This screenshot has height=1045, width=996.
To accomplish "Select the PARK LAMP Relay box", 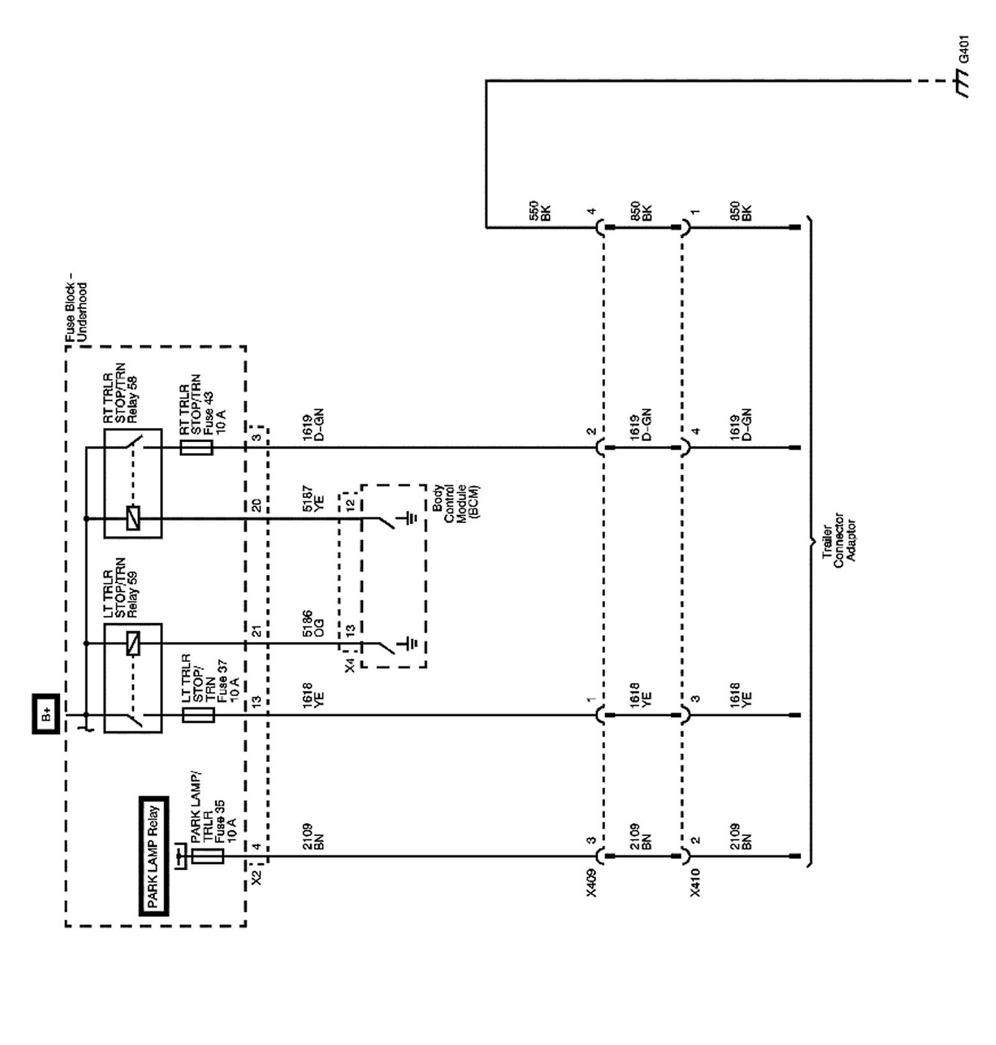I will click(x=153, y=856).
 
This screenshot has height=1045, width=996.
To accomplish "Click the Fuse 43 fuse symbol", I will click(x=196, y=447).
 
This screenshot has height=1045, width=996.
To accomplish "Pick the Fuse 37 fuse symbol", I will click(x=198, y=715).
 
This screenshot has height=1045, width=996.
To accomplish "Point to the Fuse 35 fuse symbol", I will click(x=207, y=857).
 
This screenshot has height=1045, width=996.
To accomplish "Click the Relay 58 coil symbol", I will click(x=133, y=518).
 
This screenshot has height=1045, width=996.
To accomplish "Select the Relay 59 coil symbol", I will click(x=133, y=643).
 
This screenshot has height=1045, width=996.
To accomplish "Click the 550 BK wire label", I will click(x=540, y=212).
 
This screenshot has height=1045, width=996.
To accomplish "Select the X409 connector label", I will click(x=591, y=884).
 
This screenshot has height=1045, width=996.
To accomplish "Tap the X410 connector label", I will click(x=695, y=884).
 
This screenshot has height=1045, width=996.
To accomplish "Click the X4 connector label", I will click(x=350, y=665).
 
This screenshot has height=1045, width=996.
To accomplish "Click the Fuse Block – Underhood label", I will click(x=77, y=312).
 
